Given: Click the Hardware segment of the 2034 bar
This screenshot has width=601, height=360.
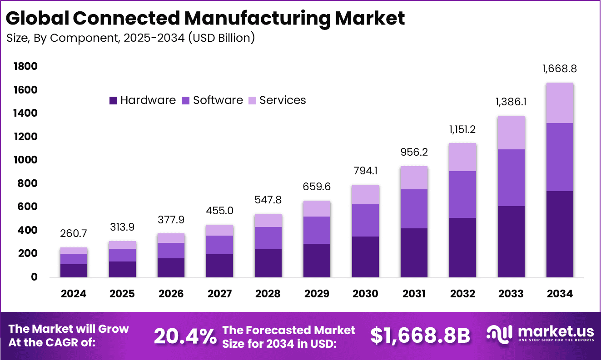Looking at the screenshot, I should pos(560,234).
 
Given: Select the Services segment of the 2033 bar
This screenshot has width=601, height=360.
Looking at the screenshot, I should pos(512,133).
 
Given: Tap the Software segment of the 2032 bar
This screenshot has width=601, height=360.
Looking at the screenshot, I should pos(463,194).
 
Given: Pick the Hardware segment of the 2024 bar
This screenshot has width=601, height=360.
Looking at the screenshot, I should pos(74,271).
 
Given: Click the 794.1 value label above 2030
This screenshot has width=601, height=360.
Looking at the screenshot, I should pos(365,171).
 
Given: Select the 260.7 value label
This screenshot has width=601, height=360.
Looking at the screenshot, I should pos(74,234).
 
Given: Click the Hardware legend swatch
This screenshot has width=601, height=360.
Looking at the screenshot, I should pos(114,100).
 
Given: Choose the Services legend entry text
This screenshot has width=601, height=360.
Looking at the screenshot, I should pos(283,100).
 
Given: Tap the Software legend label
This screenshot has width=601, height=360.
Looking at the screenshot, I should pos(218,100).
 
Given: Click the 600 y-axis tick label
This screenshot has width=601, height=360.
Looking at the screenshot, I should pos(25,207).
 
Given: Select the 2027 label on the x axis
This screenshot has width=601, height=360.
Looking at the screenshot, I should pos(219,294).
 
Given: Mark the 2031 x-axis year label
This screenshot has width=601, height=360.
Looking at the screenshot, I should pos(414,294).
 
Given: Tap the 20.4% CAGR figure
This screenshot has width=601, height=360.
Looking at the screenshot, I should pos(185,336).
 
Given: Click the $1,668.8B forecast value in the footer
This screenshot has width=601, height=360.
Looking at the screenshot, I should pos(420,335).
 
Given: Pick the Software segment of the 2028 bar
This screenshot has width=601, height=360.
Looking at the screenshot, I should pos(268,238).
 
